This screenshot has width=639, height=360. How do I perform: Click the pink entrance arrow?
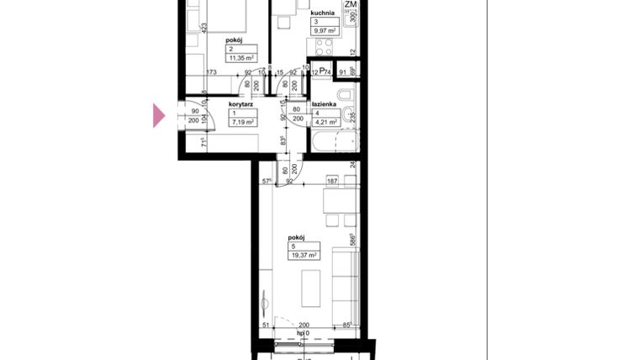(x=159, y=116)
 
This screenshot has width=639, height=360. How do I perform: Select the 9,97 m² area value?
(x=325, y=30)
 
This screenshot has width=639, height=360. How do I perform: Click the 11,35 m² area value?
(x=242, y=58)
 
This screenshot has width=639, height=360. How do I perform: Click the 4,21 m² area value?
(x=325, y=123)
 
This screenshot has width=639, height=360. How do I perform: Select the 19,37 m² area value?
(x=302, y=255)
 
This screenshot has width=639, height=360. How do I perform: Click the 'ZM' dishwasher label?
(x=350, y=5)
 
